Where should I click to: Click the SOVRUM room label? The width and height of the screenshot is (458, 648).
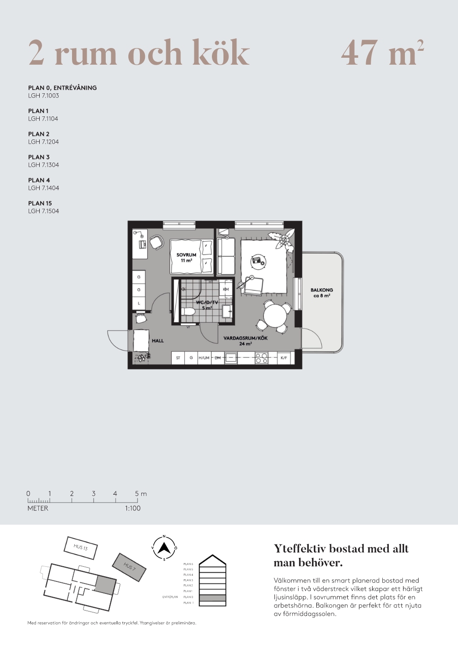pos(186,257)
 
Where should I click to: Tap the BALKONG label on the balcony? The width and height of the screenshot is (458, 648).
pos(321,293)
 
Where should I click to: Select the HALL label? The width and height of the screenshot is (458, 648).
pos(157,341)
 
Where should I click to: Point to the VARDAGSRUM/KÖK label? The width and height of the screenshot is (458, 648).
pos(245,340)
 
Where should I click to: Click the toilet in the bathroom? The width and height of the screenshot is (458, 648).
pos(188,312)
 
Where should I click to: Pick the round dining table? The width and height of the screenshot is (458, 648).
pos(275,316)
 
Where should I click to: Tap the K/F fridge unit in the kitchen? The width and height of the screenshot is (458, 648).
pos(283,358)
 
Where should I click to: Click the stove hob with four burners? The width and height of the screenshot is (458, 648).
pos(261,358)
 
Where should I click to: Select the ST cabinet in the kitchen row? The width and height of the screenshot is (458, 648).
pos(178,358)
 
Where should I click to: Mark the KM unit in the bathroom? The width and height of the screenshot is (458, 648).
pos(226,289)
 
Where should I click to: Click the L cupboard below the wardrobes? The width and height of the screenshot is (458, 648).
pos(139,303)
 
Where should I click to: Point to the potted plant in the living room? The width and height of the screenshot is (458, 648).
pos(283,240)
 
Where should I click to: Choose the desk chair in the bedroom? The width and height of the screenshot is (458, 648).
pos(157,242)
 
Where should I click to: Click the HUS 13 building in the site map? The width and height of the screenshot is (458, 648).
pos(80,547)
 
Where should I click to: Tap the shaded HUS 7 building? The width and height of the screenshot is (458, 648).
pos(129,567)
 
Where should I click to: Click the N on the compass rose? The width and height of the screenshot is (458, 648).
pos(164,537)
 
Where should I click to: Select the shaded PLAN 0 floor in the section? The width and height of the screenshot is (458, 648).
pos(212,598)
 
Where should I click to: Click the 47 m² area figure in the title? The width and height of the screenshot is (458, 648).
pos(382,53)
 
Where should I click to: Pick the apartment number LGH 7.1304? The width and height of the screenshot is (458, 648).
pos(43,165)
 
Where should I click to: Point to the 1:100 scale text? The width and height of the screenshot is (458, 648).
pos(133,508)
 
